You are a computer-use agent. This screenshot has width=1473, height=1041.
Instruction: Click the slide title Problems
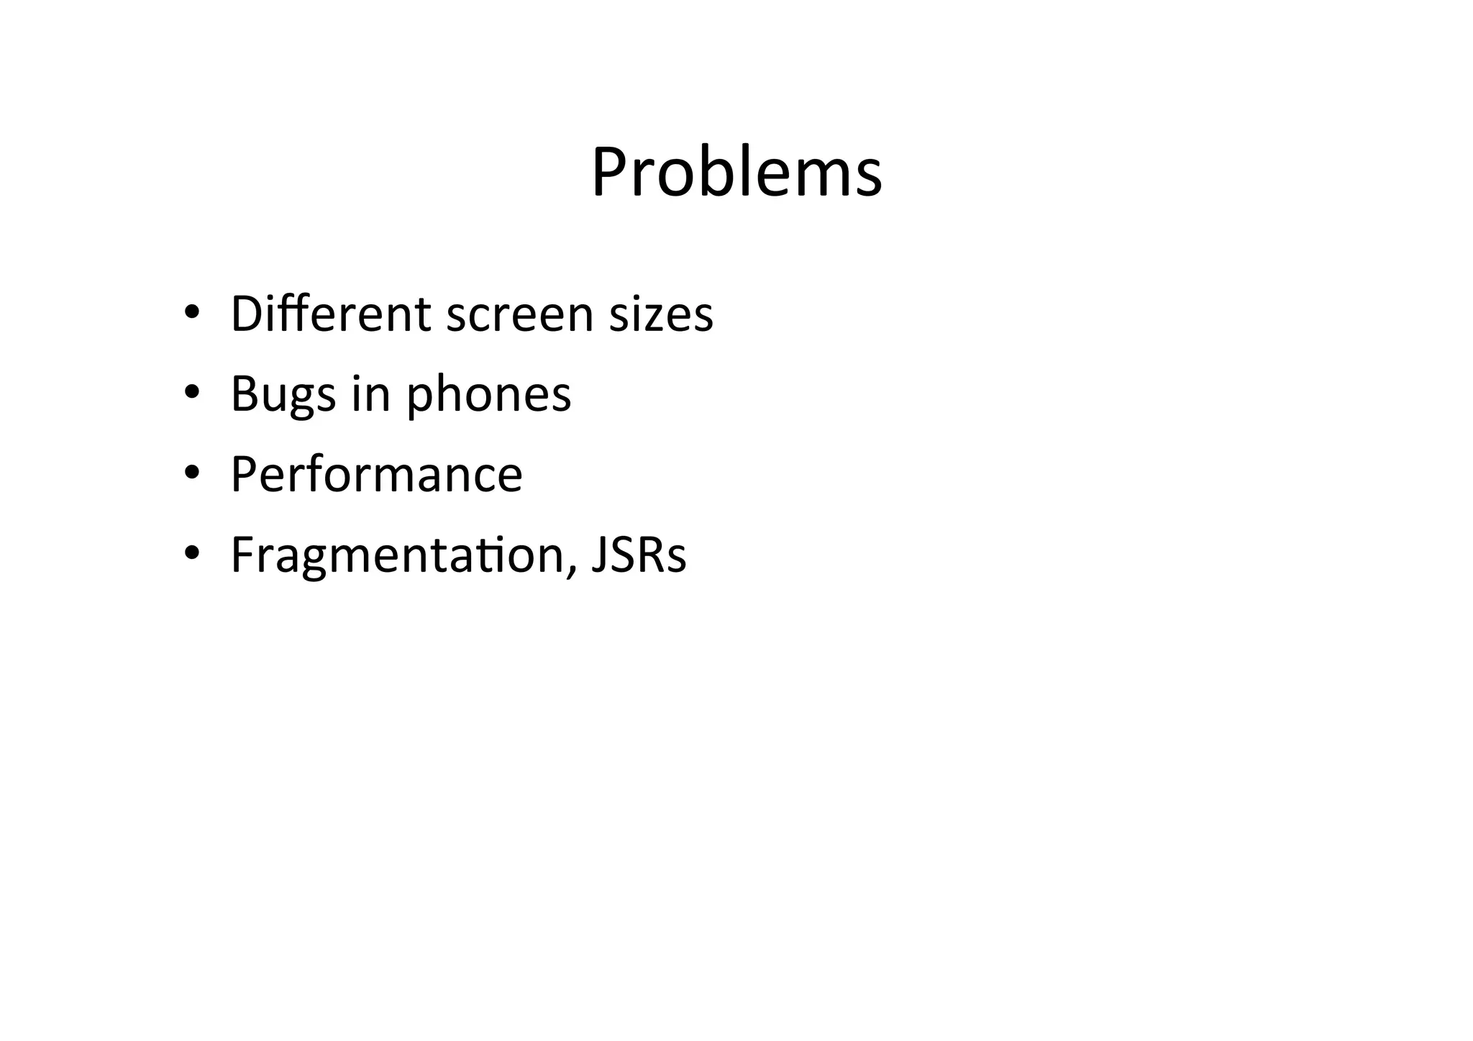(736, 173)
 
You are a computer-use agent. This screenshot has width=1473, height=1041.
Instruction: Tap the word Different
(331, 314)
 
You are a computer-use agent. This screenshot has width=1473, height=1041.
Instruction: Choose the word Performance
(376, 475)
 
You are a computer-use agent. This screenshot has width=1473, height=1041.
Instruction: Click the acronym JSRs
(639, 555)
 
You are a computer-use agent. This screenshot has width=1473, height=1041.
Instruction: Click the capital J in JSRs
(598, 555)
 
